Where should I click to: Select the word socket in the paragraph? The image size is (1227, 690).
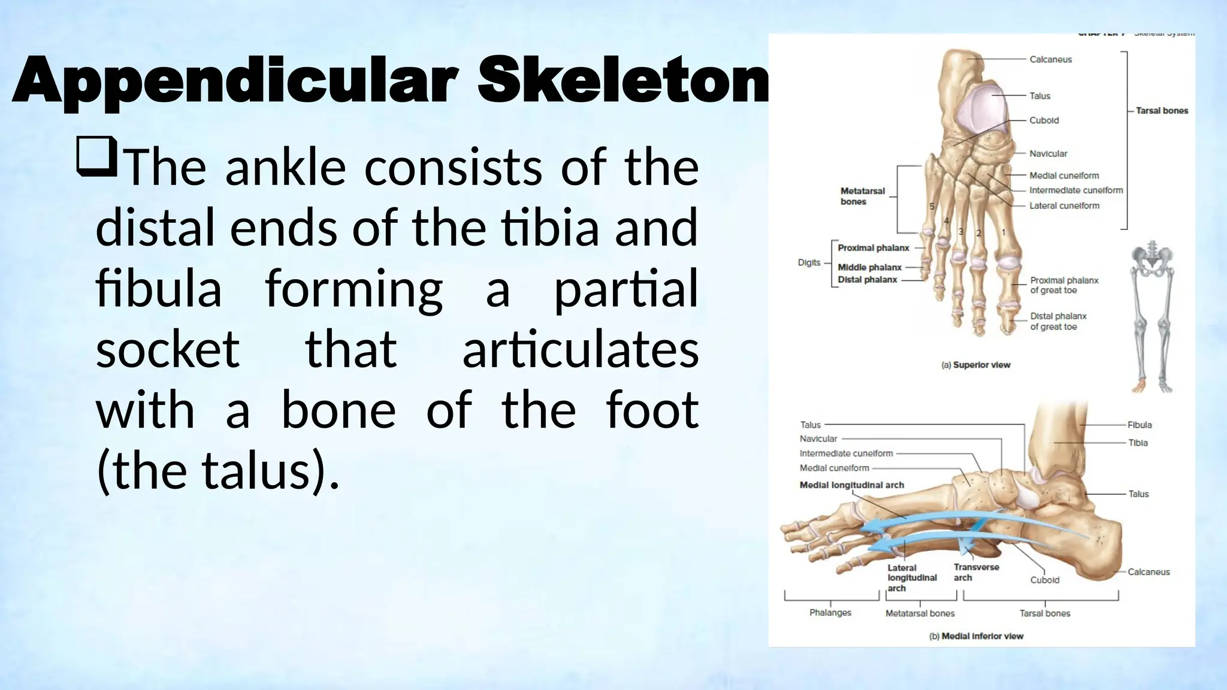168,349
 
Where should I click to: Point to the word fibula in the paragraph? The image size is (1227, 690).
158,289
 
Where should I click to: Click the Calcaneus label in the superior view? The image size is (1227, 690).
1050,59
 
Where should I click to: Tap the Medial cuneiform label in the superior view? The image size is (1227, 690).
1064,175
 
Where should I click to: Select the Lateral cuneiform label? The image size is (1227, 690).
1064,205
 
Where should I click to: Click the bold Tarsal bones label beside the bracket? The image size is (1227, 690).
1162,111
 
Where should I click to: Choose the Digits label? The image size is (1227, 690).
809,262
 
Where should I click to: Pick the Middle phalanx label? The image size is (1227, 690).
869,267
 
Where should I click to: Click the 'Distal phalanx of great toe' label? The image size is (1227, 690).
1058,321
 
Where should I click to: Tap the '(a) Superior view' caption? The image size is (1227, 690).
975,365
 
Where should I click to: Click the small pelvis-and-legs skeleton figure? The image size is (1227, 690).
1152,317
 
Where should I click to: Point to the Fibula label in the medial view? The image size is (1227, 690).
1139,425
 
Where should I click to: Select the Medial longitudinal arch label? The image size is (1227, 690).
851,485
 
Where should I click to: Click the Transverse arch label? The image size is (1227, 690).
976,572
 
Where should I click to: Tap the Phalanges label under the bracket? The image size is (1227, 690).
830,612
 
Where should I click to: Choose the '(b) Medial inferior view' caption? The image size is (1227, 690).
976,636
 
